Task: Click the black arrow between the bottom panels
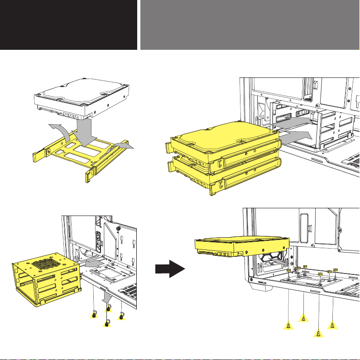tap(170, 270)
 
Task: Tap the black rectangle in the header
tap(68, 24)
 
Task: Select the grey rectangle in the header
tap(250, 24)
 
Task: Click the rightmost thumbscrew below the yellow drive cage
tap(121, 315)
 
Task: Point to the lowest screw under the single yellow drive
tap(318, 334)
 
